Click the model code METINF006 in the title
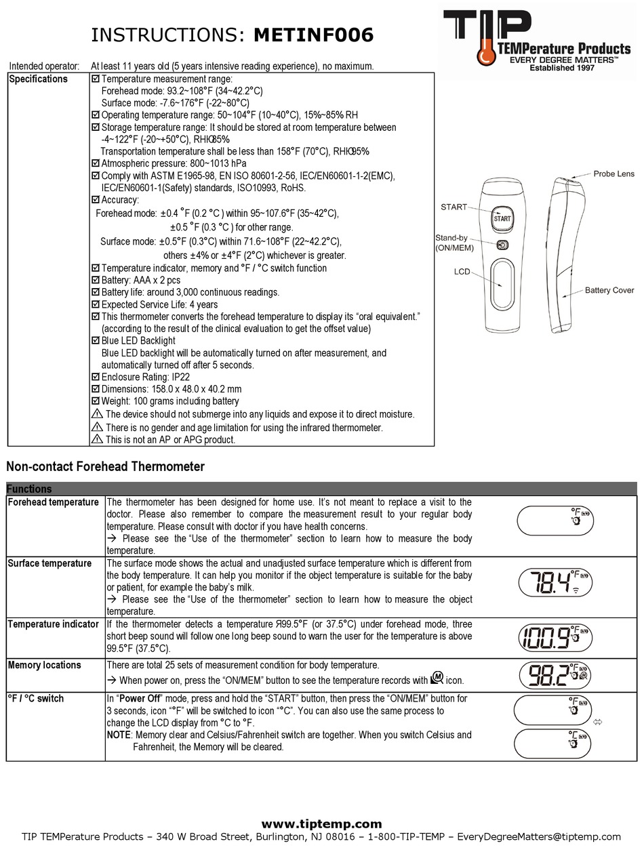pos(313,35)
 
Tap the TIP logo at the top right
pos(538,41)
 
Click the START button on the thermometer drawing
pos(502,218)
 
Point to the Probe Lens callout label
pos(613,174)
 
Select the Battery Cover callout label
pos(609,290)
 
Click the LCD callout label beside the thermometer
pos(462,271)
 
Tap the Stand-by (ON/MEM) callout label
pos(454,243)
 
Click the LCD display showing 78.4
pos(555,582)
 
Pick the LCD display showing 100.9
pos(555,636)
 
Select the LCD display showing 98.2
pos(555,675)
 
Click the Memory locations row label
pos(44,666)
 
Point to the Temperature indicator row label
pos(53,624)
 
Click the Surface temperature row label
pos(49,563)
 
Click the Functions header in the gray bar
pos(29,489)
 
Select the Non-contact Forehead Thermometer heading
pos(105,466)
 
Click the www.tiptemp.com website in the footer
pos(321,824)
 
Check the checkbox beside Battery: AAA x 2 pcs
pos(96,281)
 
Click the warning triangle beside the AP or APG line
pos(96,440)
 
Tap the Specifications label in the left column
pos(38,79)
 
